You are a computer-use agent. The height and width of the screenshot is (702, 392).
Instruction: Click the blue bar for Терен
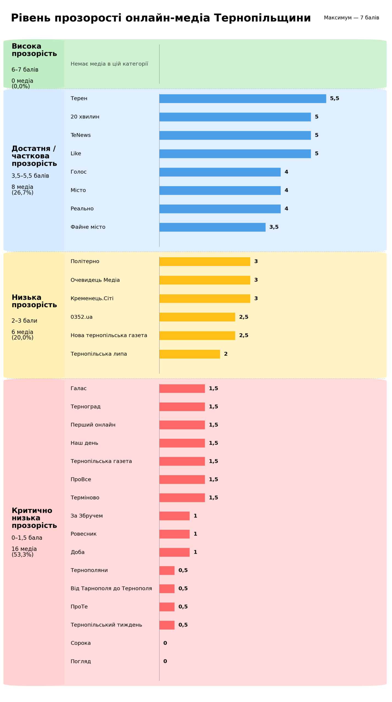242,98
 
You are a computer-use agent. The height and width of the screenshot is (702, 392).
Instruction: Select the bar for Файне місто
212,227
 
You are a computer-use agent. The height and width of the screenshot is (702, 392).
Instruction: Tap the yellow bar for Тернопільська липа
190,354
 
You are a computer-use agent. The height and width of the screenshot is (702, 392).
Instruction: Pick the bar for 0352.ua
197,317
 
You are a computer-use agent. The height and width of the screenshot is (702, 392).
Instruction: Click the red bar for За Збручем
174,516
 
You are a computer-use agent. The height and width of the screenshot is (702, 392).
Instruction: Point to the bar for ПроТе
167,607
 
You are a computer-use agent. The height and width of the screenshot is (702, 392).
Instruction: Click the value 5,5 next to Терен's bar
334,98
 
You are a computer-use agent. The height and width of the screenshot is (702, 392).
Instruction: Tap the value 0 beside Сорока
165,643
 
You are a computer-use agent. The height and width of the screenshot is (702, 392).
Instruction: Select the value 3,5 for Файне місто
274,227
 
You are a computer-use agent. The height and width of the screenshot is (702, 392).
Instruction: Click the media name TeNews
81,135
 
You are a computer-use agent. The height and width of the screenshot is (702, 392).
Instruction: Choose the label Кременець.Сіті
92,298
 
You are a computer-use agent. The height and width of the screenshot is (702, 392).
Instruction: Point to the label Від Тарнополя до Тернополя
111,588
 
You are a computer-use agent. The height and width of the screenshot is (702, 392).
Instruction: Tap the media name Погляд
81,661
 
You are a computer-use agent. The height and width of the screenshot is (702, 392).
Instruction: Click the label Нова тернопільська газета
109,335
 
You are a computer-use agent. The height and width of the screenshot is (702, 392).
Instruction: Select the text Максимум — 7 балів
351,18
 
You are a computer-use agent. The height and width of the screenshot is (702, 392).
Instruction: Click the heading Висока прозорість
34,50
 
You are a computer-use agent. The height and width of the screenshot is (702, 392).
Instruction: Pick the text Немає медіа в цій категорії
109,64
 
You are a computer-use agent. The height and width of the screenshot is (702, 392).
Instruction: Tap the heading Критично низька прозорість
34,518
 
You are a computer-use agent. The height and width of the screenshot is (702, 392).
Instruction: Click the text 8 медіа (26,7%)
22,190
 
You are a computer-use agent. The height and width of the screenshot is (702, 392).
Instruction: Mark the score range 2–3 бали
24,321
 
